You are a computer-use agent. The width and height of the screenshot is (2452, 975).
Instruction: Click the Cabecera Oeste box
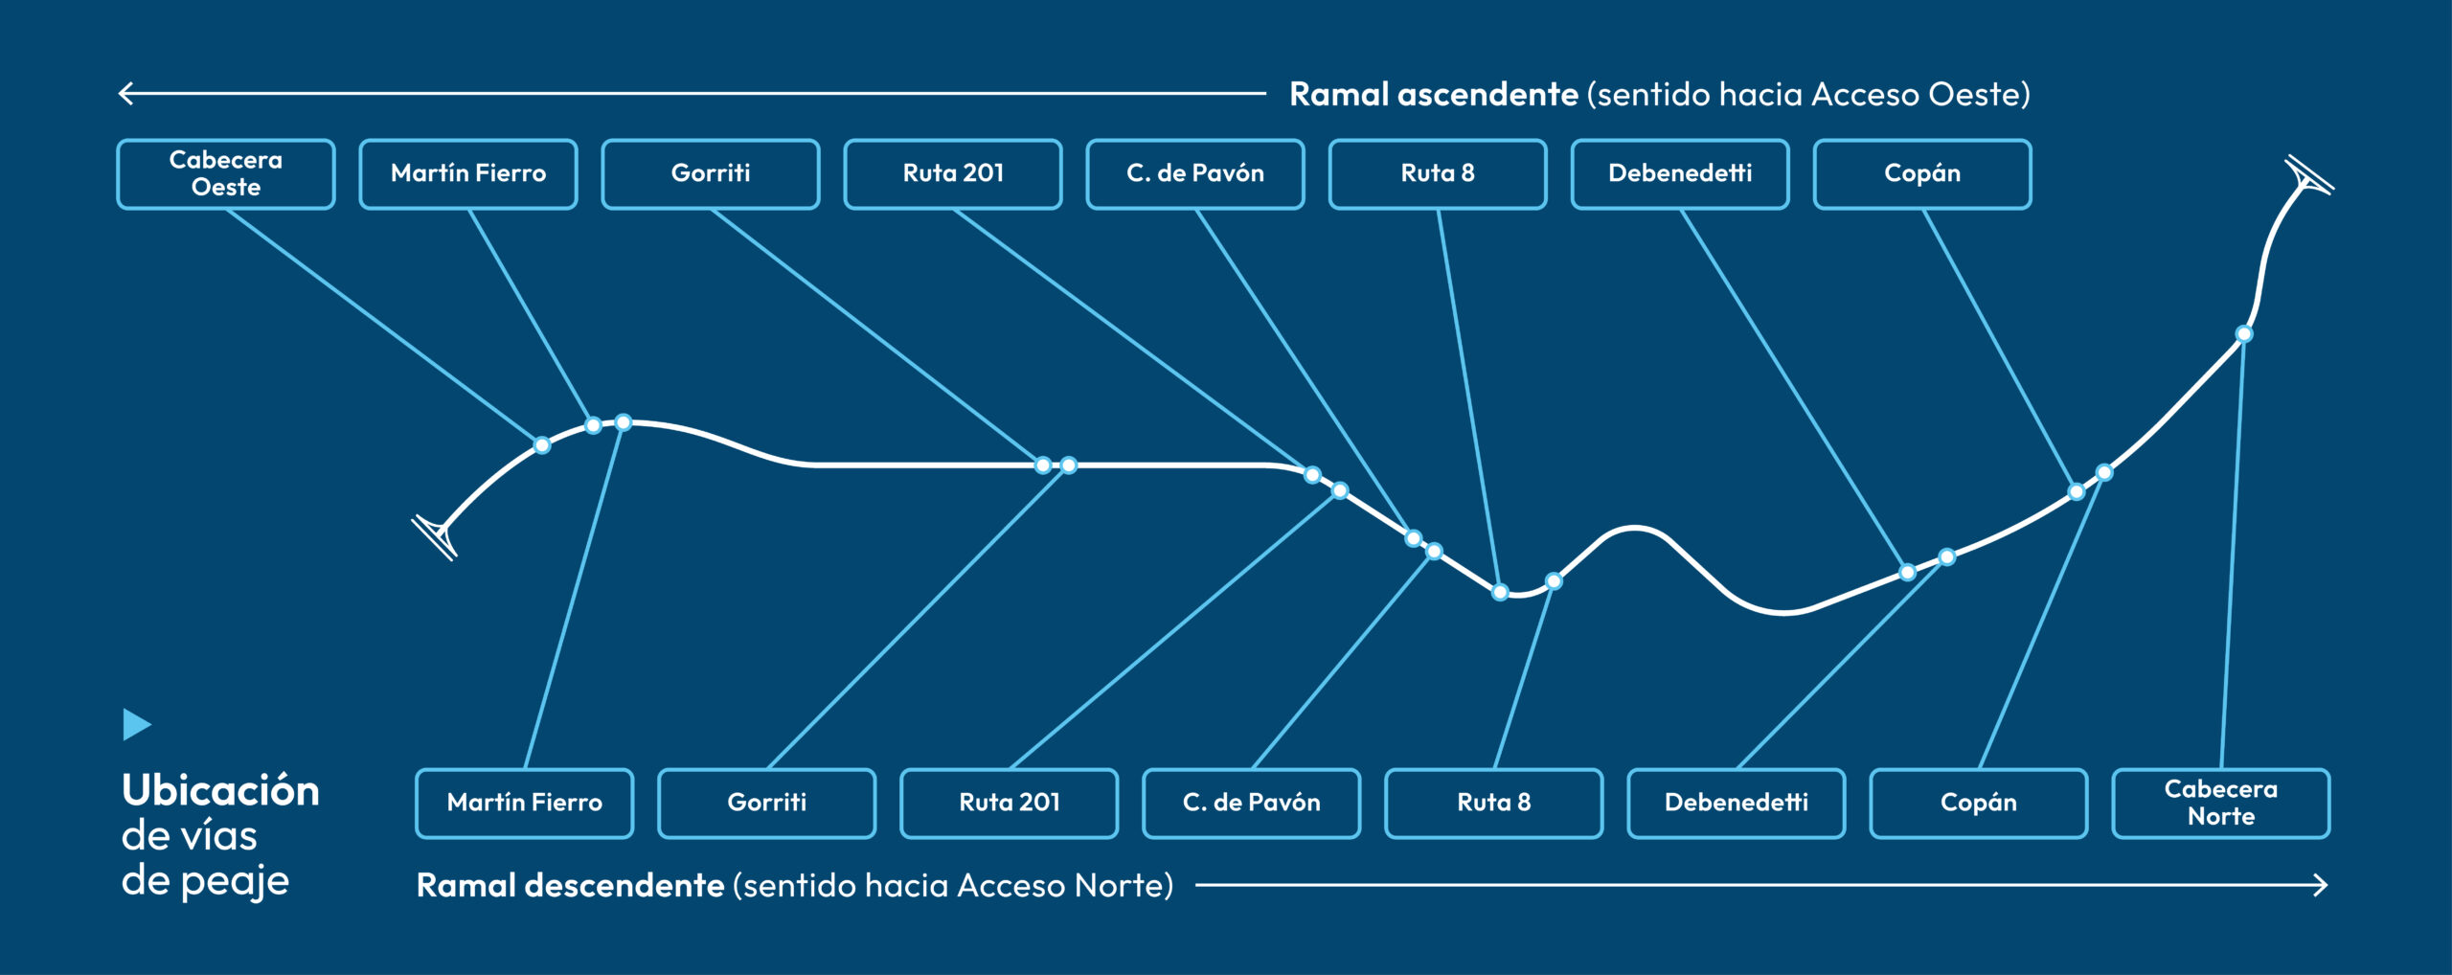(x=226, y=173)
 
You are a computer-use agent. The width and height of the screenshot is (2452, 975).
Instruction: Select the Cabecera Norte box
(x=2221, y=803)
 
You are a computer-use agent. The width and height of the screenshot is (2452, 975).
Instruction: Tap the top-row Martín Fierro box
(x=468, y=173)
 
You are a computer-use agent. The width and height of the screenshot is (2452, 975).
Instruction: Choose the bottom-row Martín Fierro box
(x=525, y=803)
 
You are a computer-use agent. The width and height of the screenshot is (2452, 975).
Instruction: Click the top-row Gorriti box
(x=711, y=173)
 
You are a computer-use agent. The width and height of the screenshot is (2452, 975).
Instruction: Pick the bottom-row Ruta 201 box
(x=1010, y=803)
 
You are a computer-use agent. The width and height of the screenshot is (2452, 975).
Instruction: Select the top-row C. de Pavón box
(x=1195, y=173)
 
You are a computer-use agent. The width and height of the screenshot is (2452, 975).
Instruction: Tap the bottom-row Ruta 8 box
(x=1494, y=803)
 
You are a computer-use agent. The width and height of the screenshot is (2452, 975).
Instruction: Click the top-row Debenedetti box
(x=1680, y=173)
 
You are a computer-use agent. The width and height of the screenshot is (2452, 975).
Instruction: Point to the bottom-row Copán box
(x=1979, y=803)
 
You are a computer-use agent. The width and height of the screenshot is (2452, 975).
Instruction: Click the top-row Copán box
(x=1922, y=173)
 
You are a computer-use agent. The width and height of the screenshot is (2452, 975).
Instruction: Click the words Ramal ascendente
(x=1434, y=94)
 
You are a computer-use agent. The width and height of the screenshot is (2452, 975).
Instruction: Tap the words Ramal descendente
(x=570, y=885)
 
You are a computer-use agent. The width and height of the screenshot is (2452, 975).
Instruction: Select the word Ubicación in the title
(x=220, y=791)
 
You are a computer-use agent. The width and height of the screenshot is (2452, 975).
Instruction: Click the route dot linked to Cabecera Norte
(x=2244, y=334)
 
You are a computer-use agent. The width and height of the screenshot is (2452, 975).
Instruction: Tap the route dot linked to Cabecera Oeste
(x=542, y=445)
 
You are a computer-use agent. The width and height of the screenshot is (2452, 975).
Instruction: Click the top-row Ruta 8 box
(x=1438, y=173)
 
